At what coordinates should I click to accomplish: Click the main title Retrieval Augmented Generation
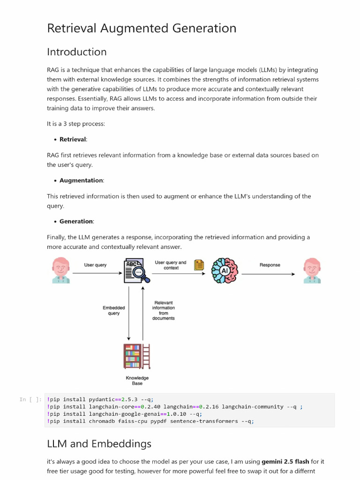point(142,29)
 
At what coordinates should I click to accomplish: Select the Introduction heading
point(77,52)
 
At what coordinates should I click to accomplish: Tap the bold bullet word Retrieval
point(73,139)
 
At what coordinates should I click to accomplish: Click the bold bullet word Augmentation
point(81,180)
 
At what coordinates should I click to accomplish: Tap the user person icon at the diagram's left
point(60,270)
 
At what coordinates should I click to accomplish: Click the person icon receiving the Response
point(311,270)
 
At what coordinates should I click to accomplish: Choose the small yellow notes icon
point(199,265)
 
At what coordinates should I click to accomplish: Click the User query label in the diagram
point(95,265)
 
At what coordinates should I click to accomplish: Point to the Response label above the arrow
point(270,265)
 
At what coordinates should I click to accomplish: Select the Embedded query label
point(114,310)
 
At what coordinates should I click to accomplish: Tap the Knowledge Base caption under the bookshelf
point(137,381)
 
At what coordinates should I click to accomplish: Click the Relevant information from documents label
point(163,310)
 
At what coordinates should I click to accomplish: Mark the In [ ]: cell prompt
point(30,399)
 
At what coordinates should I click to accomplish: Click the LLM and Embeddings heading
point(99,443)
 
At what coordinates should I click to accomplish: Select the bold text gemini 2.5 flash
point(285,462)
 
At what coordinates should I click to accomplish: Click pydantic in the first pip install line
point(102,399)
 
